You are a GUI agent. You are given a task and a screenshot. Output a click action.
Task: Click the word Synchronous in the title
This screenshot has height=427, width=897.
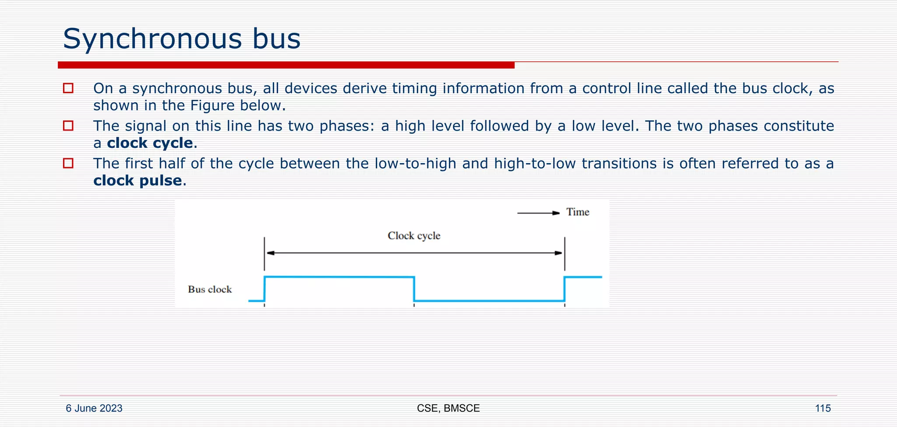151,39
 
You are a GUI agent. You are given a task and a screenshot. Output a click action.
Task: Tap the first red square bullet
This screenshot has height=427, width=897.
68,88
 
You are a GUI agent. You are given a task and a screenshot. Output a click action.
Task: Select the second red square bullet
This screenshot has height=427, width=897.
68,126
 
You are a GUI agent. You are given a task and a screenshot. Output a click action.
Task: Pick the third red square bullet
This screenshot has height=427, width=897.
68,164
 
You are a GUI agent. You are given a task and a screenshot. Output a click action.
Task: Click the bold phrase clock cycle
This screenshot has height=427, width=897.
150,143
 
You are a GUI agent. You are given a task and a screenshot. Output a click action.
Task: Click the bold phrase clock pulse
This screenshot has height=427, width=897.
138,181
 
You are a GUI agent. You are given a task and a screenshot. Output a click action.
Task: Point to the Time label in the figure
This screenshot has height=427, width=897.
577,212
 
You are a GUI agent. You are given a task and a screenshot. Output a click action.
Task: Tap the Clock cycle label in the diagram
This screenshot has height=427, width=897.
413,236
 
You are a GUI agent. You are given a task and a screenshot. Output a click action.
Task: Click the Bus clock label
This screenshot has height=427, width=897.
209,289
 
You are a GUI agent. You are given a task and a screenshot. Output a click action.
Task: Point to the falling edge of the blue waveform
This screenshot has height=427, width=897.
414,289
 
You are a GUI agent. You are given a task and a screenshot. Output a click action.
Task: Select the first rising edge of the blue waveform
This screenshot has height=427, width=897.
265,289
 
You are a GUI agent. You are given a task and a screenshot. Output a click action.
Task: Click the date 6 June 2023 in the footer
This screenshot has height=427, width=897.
94,408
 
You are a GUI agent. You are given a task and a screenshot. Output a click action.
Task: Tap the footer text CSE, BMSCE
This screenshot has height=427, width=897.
448,408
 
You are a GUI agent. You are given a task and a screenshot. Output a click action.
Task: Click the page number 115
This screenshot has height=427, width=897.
823,408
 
